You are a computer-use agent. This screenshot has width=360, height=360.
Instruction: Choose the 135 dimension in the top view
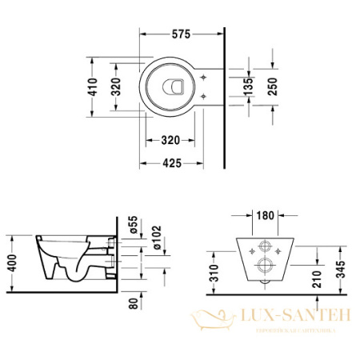point(248,87)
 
